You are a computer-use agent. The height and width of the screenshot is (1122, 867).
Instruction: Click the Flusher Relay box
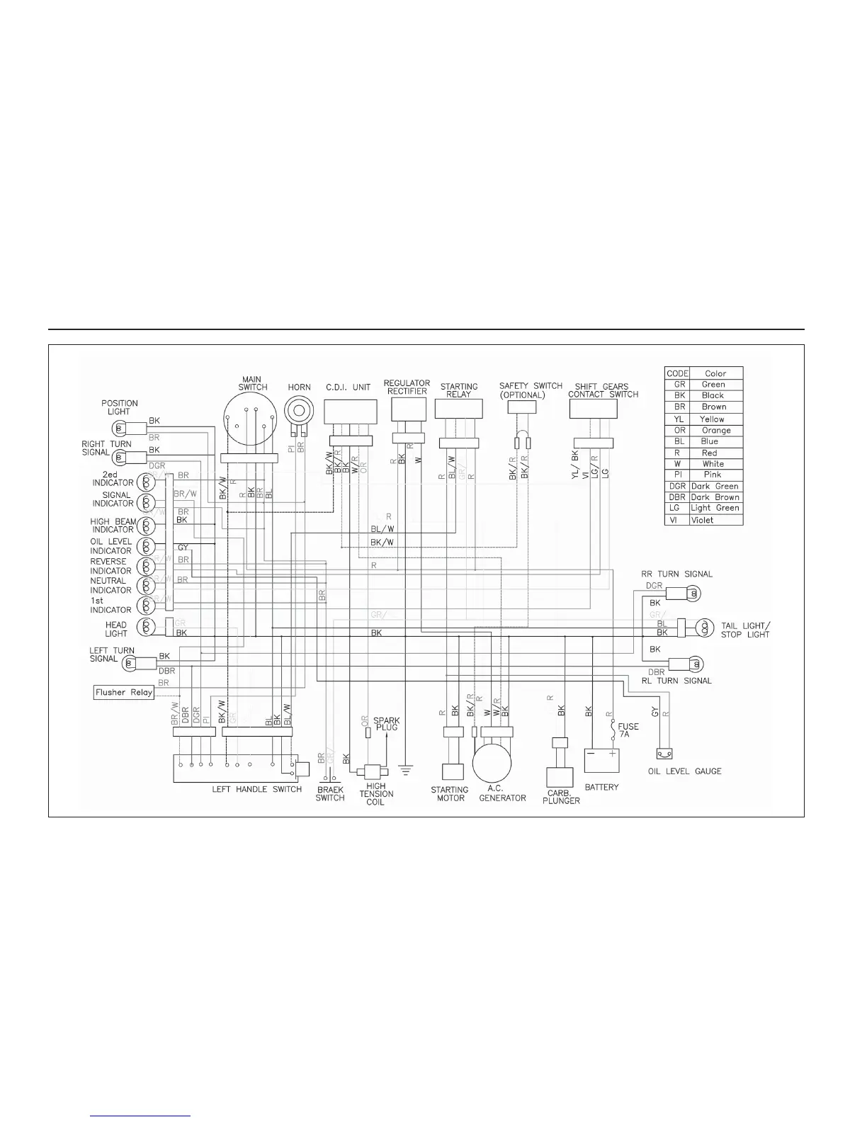click(124, 692)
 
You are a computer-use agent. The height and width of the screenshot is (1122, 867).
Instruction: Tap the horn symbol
click(299, 410)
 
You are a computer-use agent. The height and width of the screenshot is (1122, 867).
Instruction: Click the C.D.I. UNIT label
click(348, 387)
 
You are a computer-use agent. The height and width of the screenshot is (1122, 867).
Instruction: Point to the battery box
click(601, 761)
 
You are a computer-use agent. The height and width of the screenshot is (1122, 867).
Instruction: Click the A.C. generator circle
click(492, 763)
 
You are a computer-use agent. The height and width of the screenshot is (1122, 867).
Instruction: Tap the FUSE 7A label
click(628, 730)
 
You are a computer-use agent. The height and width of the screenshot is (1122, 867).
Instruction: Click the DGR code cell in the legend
click(677, 486)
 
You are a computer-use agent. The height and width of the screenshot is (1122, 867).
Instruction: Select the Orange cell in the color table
click(715, 430)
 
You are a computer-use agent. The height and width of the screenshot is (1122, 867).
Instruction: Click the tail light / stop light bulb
click(704, 627)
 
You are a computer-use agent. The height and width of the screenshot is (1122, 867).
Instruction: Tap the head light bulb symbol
click(147, 626)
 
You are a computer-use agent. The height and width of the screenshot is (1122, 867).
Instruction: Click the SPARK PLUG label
click(387, 723)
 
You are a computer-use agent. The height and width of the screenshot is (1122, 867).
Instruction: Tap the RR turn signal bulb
click(694, 593)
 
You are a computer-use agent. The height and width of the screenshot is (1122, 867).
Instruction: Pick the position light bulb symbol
click(119, 428)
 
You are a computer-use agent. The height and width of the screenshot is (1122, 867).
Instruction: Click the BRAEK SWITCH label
click(329, 793)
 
